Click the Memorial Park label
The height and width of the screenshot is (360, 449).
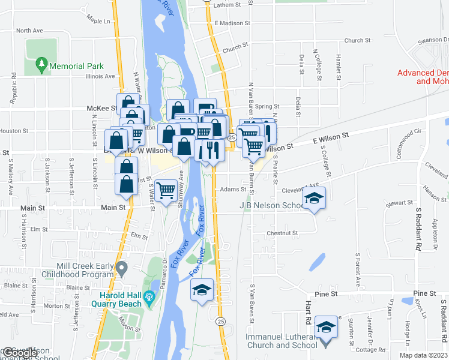(x=77, y=66)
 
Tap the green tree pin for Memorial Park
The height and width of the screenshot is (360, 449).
(x=41, y=63)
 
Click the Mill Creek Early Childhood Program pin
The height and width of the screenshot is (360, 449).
(x=122, y=267)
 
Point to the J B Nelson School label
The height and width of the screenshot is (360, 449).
(x=274, y=205)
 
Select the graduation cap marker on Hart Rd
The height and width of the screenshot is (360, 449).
(x=326, y=327)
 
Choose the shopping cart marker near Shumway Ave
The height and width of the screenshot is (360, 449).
(x=166, y=191)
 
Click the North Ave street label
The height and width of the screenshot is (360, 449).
(x=31, y=31)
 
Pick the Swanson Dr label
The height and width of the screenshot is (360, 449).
(x=433, y=40)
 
